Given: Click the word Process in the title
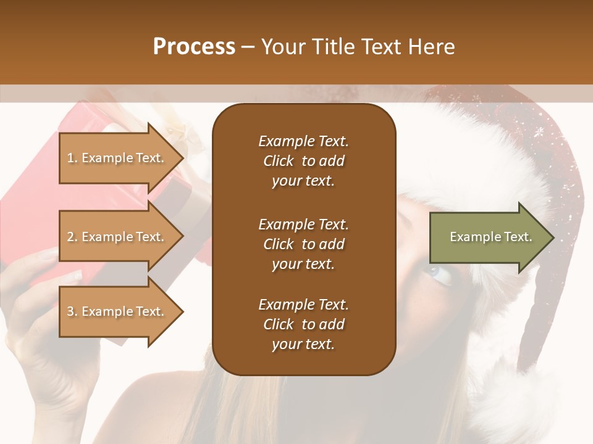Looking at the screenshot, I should click(194, 47).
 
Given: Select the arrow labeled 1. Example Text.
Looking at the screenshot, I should click(117, 158).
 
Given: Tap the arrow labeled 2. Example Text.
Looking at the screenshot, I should click(117, 237).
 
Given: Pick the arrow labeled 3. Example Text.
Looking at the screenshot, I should click(117, 311).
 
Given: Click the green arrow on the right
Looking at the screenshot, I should click(488, 237).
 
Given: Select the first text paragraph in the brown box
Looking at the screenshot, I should click(303, 161).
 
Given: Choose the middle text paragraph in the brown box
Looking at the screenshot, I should click(303, 244).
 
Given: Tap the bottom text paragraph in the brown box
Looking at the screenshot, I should click(303, 324).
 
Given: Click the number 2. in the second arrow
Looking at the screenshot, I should click(72, 237).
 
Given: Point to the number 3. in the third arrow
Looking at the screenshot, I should click(72, 311).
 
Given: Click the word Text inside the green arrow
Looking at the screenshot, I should click(518, 237).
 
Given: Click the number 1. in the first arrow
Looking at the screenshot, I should click(72, 158).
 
